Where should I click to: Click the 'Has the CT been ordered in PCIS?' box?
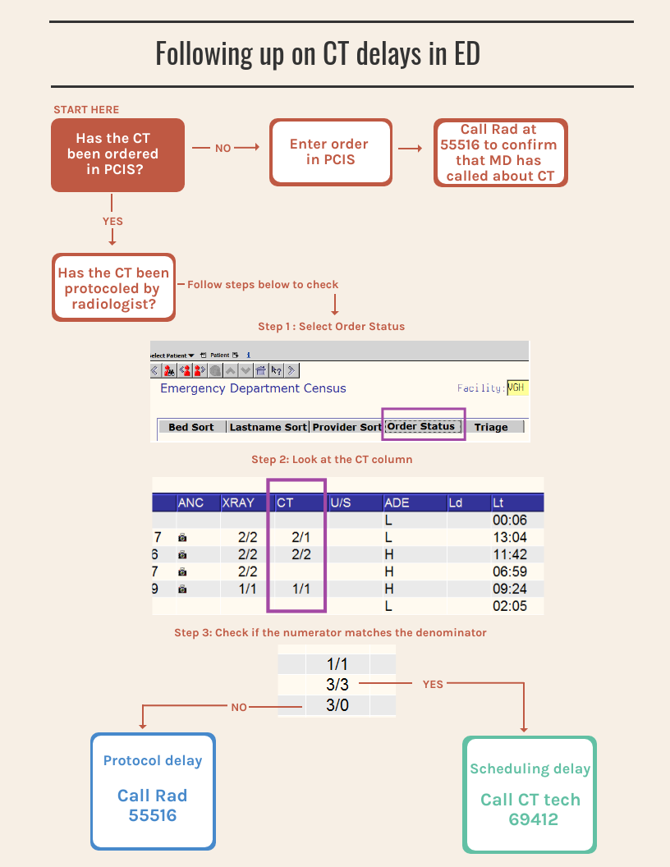click(117, 155)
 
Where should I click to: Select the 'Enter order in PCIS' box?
click(331, 152)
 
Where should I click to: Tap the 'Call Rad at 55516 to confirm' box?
click(500, 153)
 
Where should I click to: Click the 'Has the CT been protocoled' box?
click(113, 287)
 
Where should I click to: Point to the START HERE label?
click(86, 109)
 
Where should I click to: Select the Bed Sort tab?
click(191, 427)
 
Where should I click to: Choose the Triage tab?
click(492, 427)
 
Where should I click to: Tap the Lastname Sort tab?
click(268, 427)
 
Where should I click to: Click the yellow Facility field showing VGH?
click(517, 388)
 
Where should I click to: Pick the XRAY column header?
click(238, 502)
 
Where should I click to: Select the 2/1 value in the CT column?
click(301, 537)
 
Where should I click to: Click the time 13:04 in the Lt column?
click(510, 537)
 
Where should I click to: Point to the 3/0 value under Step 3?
click(337, 705)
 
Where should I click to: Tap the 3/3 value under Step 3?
click(337, 685)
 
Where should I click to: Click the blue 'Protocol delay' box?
click(153, 791)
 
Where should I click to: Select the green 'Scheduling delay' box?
click(530, 795)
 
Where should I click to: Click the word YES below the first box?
click(112, 221)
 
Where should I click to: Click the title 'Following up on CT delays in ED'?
click(318, 53)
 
